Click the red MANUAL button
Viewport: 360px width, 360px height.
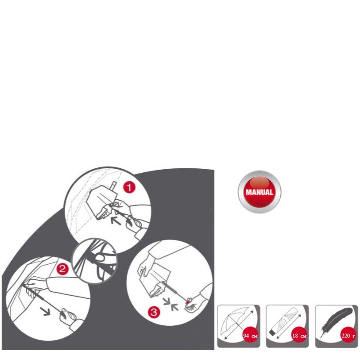[259, 192]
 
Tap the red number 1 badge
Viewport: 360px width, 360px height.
[129, 187]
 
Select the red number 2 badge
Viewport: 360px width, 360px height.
[62, 269]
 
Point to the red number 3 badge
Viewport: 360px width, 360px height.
[153, 312]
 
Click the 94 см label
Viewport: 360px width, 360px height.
[250, 336]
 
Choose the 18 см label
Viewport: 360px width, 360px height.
[299, 336]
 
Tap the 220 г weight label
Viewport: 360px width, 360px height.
[348, 336]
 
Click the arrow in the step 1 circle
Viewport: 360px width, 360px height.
[116, 221]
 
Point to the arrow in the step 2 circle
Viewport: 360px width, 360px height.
[45, 311]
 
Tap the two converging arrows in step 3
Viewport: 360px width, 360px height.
[171, 304]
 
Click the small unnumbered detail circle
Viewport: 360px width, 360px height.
[94, 261]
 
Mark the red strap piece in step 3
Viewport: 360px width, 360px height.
[188, 303]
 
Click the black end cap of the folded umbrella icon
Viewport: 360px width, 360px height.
[272, 332]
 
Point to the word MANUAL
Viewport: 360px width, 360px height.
[260, 192]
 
